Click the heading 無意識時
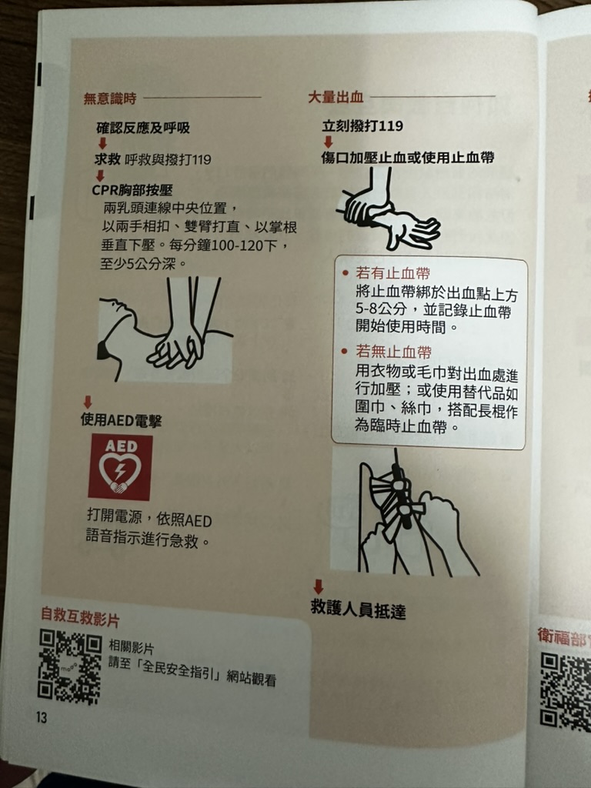(x=109, y=98)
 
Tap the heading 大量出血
(x=336, y=96)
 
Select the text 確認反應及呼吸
(x=142, y=128)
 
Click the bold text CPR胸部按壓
(x=132, y=190)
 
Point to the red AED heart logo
(x=121, y=467)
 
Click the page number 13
(x=42, y=716)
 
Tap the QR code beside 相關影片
(x=70, y=666)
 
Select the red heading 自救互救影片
(x=80, y=616)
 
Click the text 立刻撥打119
(x=362, y=125)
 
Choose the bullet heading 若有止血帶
(x=392, y=273)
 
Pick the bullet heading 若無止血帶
(x=393, y=351)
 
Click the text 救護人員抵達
(x=358, y=609)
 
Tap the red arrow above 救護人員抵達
(x=318, y=586)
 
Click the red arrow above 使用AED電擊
(x=88, y=402)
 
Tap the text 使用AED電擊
(x=121, y=420)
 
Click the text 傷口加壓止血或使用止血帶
(x=408, y=157)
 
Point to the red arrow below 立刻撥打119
(x=328, y=142)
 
